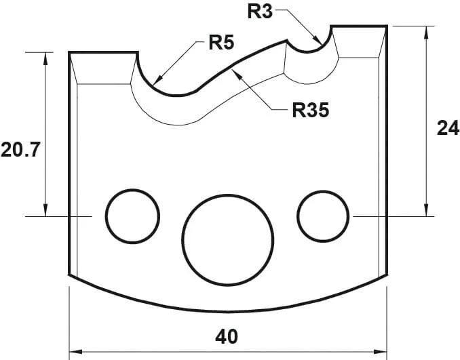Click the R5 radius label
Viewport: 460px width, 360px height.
click(x=221, y=44)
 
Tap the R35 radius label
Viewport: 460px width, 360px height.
click(x=310, y=111)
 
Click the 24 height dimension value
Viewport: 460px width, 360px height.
click(x=447, y=128)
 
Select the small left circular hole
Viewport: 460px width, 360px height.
click(x=132, y=216)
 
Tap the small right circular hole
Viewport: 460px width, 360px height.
click(x=323, y=216)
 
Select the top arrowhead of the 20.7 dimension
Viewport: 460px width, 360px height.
click(x=46, y=57)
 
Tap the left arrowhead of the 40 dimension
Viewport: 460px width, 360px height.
click(x=75, y=352)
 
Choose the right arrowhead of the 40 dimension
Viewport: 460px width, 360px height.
click(x=381, y=352)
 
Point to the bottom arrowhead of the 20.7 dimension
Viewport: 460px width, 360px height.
click(x=46, y=211)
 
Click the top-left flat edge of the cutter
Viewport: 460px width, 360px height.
click(x=104, y=52)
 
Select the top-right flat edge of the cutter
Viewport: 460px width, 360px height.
click(x=359, y=26)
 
